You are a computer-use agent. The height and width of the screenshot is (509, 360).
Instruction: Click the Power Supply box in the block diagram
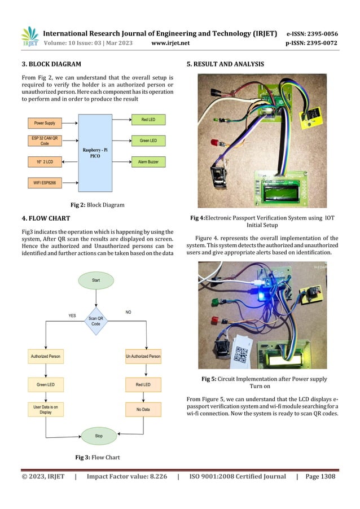click(45, 122)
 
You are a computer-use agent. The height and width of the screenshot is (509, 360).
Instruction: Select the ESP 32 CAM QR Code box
click(45, 141)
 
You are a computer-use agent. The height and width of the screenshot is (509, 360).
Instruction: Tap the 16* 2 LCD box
click(45, 161)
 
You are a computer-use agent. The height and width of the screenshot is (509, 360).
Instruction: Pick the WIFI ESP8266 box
click(45, 183)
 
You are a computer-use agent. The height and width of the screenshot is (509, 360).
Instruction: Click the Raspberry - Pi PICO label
click(96, 153)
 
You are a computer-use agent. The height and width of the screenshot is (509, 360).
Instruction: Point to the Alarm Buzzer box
click(148, 161)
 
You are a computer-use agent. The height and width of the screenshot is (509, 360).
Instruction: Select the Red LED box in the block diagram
click(148, 120)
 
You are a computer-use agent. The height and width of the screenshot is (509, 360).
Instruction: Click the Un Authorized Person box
click(143, 356)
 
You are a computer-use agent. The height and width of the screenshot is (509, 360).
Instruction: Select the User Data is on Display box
click(45, 409)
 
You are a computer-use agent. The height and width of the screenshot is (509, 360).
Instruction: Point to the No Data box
click(143, 409)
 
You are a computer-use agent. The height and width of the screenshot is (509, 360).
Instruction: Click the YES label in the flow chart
click(72, 316)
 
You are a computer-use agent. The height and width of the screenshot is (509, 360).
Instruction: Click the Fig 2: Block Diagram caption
click(97, 204)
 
